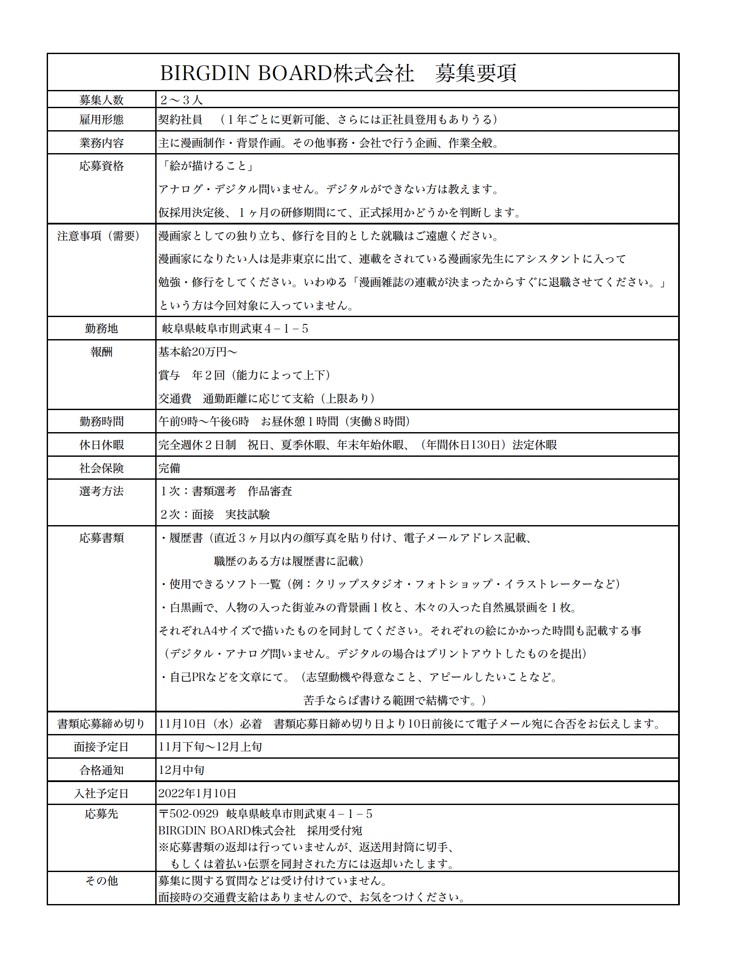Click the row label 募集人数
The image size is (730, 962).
pos(101,100)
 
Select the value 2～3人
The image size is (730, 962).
pos(181,100)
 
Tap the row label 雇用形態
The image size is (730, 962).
pos(101,119)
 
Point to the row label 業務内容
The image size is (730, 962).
pos(101,143)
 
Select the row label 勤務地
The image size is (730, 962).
pos(101,328)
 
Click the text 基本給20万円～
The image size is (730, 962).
pos(198,351)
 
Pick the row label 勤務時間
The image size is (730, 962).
pos(101,421)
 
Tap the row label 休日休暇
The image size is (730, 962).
pos(101,445)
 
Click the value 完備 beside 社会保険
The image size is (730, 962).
pos(169,468)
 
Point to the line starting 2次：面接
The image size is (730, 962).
pos(215,514)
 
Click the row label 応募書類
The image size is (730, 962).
pos(101,538)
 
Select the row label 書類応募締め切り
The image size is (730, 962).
pos(101,723)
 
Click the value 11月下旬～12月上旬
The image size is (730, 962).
pos(210,746)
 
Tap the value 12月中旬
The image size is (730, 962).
pos(181,770)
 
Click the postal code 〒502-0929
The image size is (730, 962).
pos(188,814)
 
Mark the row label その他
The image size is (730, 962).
pos(101,881)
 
